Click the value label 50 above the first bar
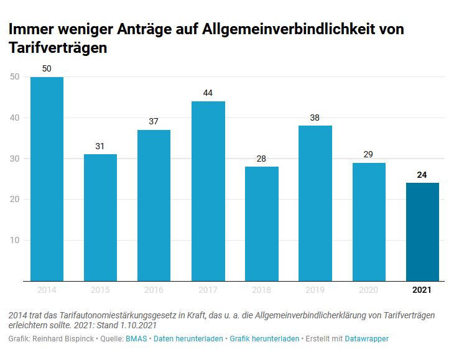[47, 68]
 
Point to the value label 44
[208, 93]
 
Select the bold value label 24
[422, 175]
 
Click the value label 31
[100, 146]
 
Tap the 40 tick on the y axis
[15, 118]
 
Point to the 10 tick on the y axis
[15, 240]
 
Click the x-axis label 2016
[154, 290]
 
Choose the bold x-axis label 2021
[422, 290]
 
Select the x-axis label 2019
[315, 290]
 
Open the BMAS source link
[136, 338]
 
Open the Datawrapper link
[367, 338]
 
